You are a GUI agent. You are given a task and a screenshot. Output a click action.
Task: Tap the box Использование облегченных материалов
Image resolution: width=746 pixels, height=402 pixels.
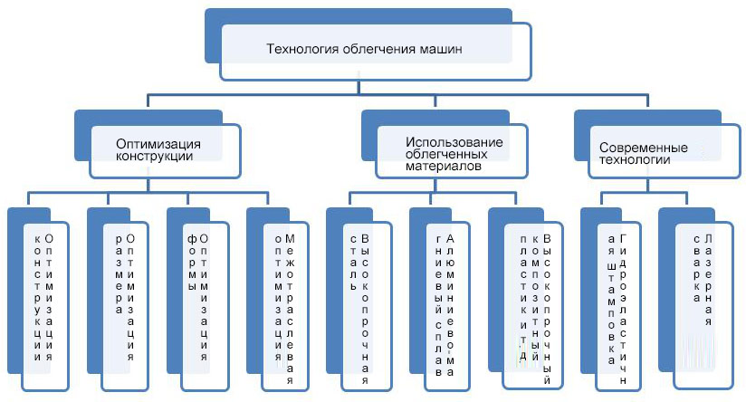453,153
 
